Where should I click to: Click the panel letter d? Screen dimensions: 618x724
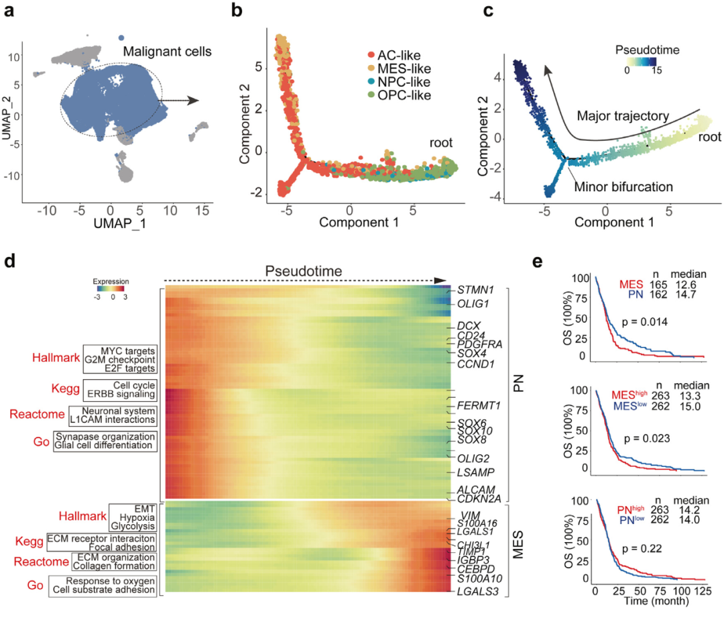[x=10, y=259]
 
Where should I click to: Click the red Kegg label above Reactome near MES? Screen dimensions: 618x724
[x=29, y=541]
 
